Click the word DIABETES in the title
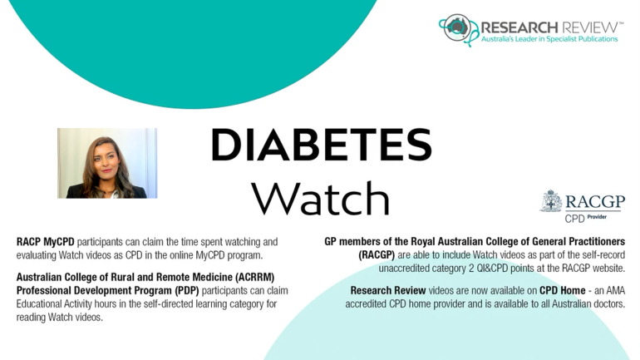321,145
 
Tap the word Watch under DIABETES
321,198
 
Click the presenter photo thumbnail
107,163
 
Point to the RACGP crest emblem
551,201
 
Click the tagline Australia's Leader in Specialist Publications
549,39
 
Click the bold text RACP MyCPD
46,242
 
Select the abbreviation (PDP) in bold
186,291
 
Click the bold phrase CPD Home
563,291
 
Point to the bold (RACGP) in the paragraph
377,255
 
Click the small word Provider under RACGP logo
597,217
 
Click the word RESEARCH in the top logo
519,27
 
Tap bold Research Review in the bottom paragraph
388,291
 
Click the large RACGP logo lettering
595,202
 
